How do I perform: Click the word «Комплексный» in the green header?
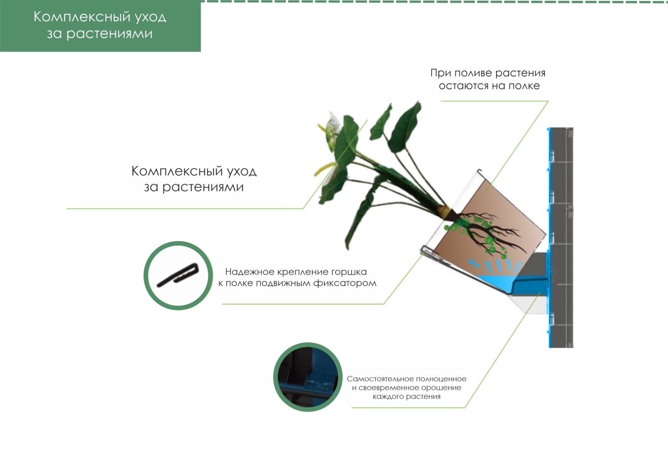click(x=82, y=17)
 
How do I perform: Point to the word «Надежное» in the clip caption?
click(x=249, y=272)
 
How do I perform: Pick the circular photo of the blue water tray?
click(x=308, y=377)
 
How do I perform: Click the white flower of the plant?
click(x=334, y=129)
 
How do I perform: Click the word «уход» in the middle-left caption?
click(x=242, y=171)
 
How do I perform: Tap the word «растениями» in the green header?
click(x=109, y=33)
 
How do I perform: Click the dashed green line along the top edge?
click(x=434, y=2)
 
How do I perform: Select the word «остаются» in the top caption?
click(x=464, y=86)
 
